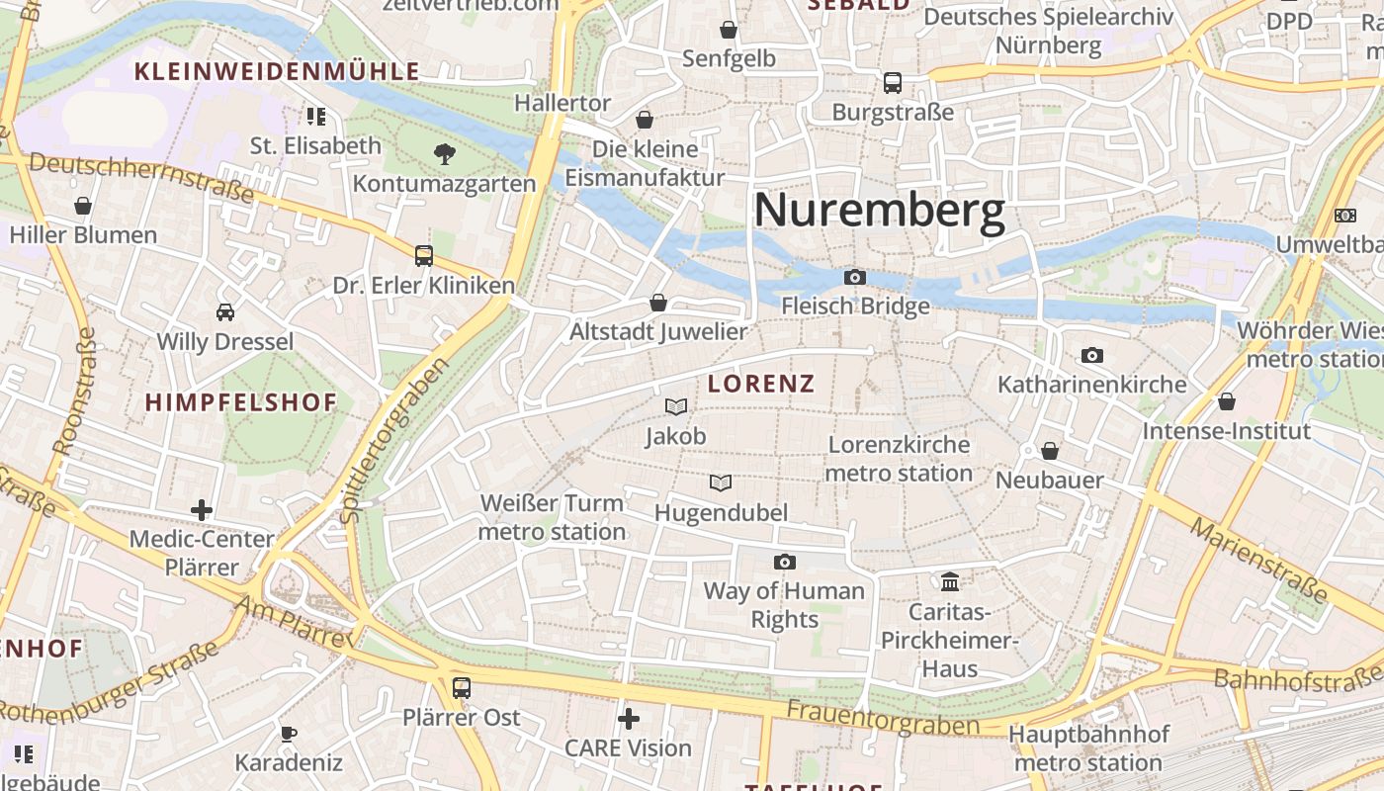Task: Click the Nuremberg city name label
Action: pos(879,211)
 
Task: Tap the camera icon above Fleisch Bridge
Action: pos(855,278)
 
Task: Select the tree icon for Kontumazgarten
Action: pos(445,154)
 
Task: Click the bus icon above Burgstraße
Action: pos(893,82)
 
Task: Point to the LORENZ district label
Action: pos(761,384)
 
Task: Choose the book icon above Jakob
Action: pos(676,406)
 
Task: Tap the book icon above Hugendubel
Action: pos(721,483)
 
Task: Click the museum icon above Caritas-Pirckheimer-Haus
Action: pos(951,581)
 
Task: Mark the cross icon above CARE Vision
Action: pos(629,718)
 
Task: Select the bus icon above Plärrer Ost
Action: pos(462,687)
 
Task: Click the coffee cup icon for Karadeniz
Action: pos(288,734)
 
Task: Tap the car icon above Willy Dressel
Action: pos(225,312)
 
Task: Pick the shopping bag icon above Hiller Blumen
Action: pos(83,206)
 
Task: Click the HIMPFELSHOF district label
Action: pos(241,402)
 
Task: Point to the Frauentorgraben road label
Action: pos(882,719)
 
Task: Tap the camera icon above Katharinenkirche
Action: pos(1092,355)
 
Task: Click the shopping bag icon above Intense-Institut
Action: pos(1226,401)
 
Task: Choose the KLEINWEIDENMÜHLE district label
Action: pos(277,71)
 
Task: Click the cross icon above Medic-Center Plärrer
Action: pos(202,510)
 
